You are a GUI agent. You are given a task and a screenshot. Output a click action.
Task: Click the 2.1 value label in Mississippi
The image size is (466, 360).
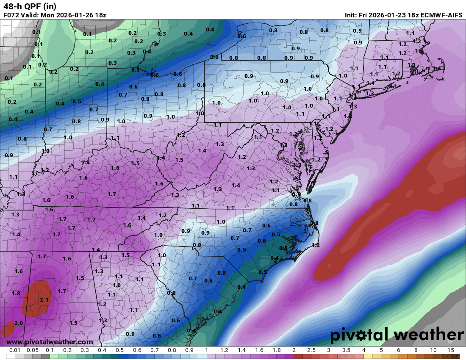click(x=44, y=300)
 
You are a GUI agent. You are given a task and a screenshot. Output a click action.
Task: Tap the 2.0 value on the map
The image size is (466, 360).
click(x=19, y=323)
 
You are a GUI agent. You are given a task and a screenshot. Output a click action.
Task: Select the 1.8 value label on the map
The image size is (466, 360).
click(x=16, y=294)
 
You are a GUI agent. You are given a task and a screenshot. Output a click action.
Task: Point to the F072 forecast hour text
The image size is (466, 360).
click(x=11, y=15)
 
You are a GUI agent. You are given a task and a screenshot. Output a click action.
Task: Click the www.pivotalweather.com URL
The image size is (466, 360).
click(x=50, y=342)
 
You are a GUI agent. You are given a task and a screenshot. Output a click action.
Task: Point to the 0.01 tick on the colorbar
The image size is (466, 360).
click(x=15, y=350)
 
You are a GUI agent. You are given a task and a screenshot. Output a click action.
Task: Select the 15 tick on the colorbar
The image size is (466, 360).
click(x=451, y=350)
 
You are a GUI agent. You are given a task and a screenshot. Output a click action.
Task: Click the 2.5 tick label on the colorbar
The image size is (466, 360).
click(x=311, y=350)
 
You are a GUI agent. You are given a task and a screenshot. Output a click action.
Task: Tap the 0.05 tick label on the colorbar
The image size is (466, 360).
click(x=32, y=350)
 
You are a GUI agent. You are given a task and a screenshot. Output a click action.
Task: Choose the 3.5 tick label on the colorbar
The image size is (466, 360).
click(x=346, y=350)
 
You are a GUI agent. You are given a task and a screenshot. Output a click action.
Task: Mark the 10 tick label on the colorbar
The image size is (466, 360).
click(x=433, y=350)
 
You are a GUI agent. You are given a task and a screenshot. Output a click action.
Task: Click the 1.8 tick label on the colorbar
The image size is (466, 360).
click(x=276, y=350)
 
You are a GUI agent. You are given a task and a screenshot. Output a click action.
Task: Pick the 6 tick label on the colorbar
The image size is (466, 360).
click(x=399, y=350)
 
